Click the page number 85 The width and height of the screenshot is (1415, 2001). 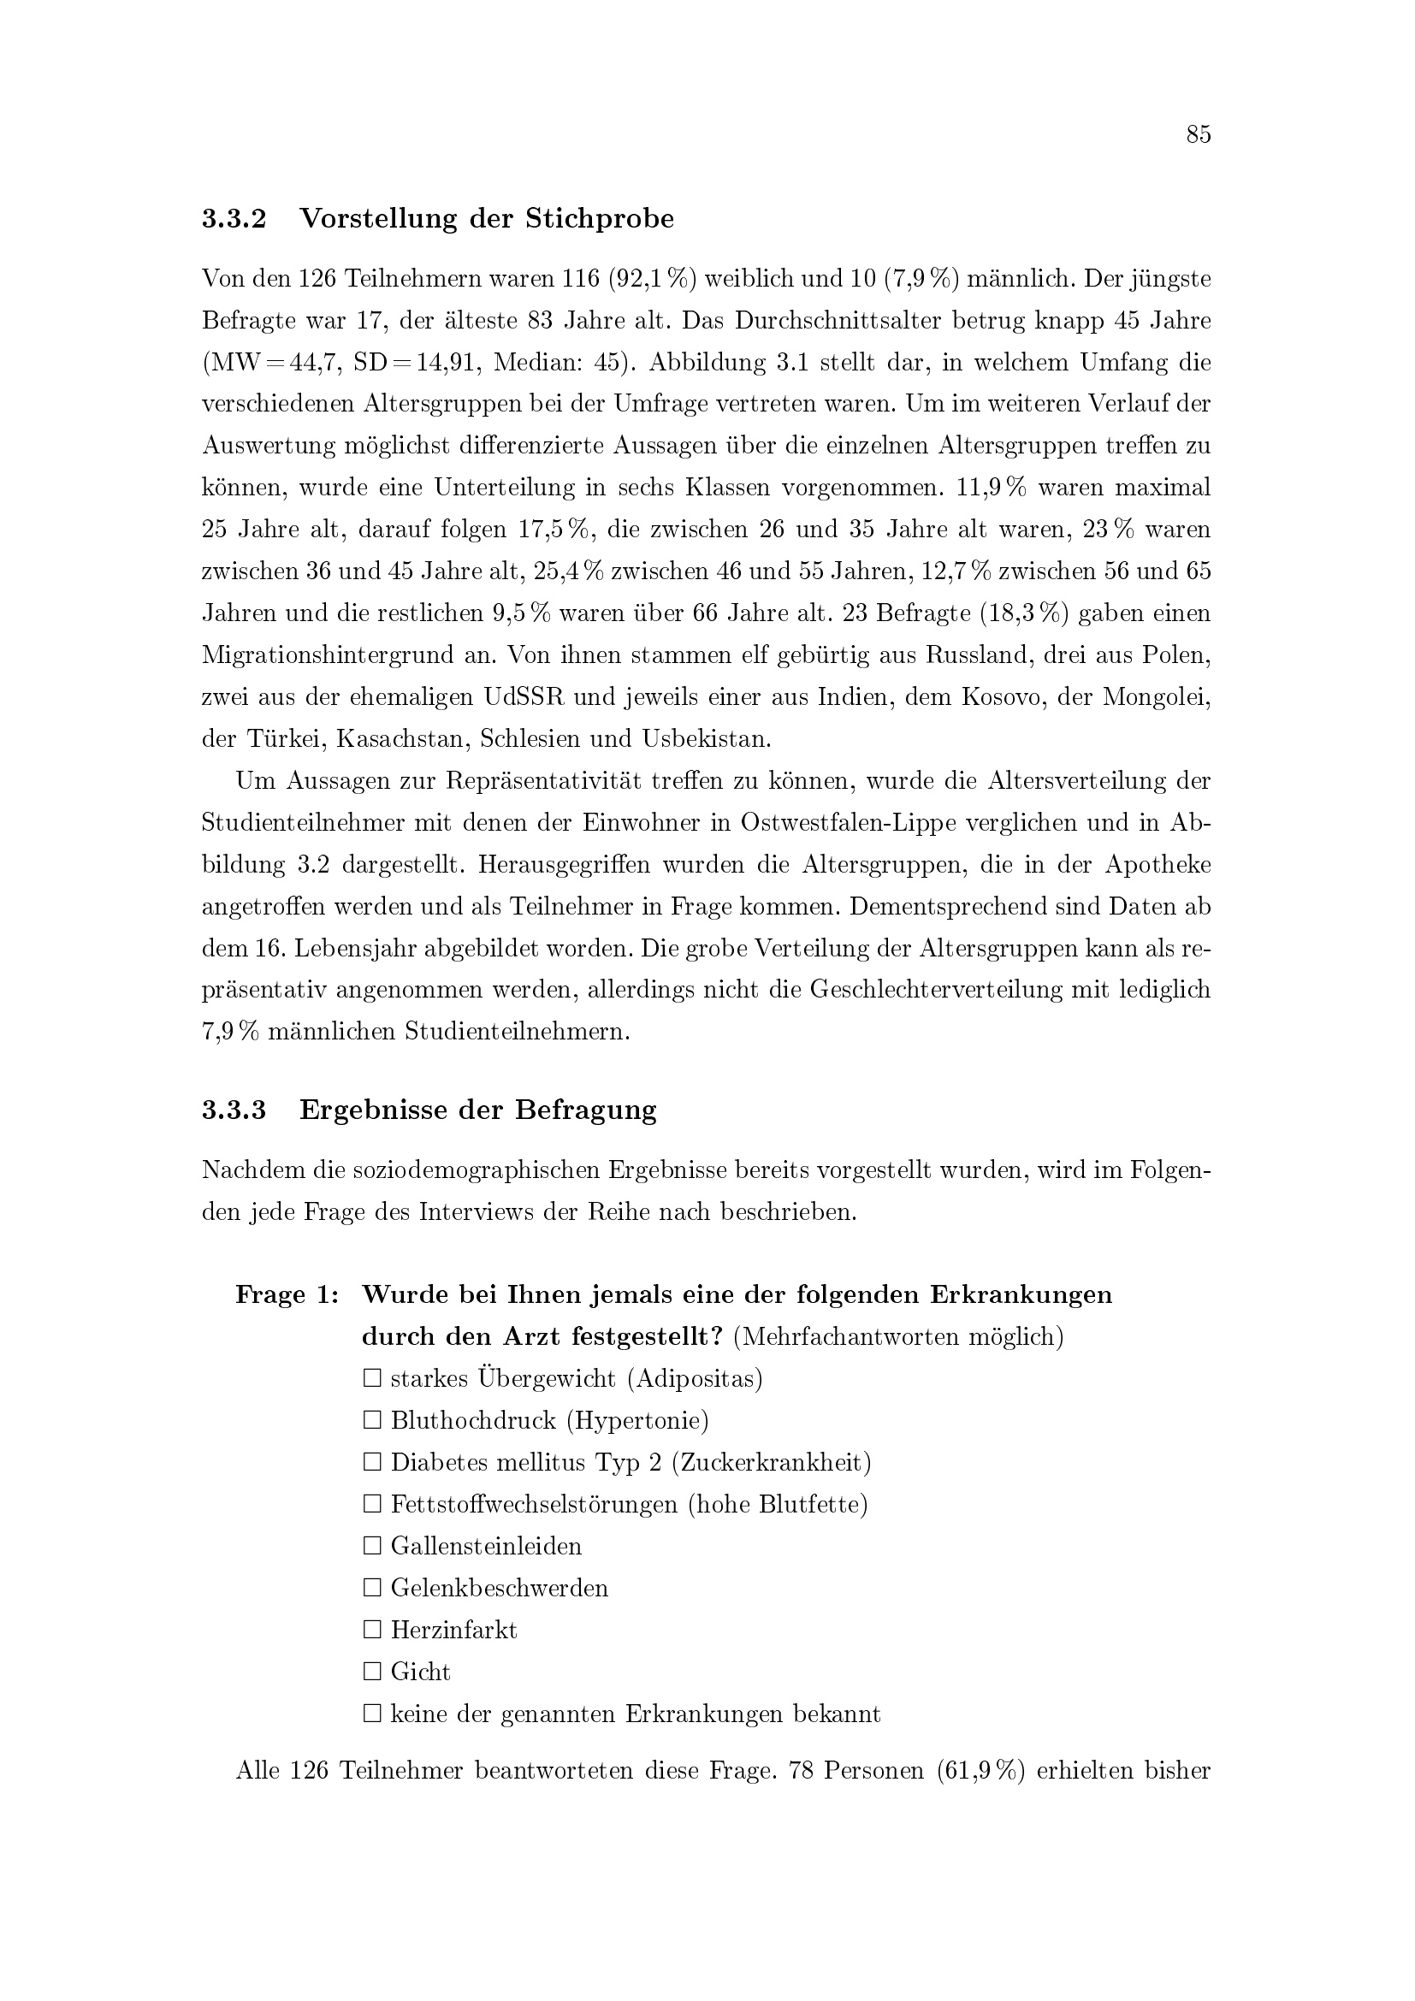click(x=1198, y=134)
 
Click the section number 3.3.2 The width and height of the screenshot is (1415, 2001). click(x=234, y=219)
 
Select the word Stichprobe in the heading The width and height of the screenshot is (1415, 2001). click(x=600, y=219)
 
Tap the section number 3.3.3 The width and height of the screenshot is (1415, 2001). click(x=234, y=1110)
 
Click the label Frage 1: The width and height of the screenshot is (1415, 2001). click(x=287, y=1294)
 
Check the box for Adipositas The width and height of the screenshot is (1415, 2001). click(x=373, y=1379)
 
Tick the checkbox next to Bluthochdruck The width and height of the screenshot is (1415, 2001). click(x=373, y=1421)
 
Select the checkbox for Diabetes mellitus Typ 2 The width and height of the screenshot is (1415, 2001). click(x=373, y=1462)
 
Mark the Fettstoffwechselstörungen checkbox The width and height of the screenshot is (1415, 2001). click(x=373, y=1504)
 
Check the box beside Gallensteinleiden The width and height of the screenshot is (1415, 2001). click(x=373, y=1546)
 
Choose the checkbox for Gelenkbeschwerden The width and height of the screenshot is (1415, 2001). click(x=373, y=1588)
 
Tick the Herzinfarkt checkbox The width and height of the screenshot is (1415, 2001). click(x=373, y=1630)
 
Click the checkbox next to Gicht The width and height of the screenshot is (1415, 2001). click(x=373, y=1672)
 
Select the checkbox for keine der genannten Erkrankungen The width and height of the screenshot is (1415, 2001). click(x=373, y=1714)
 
